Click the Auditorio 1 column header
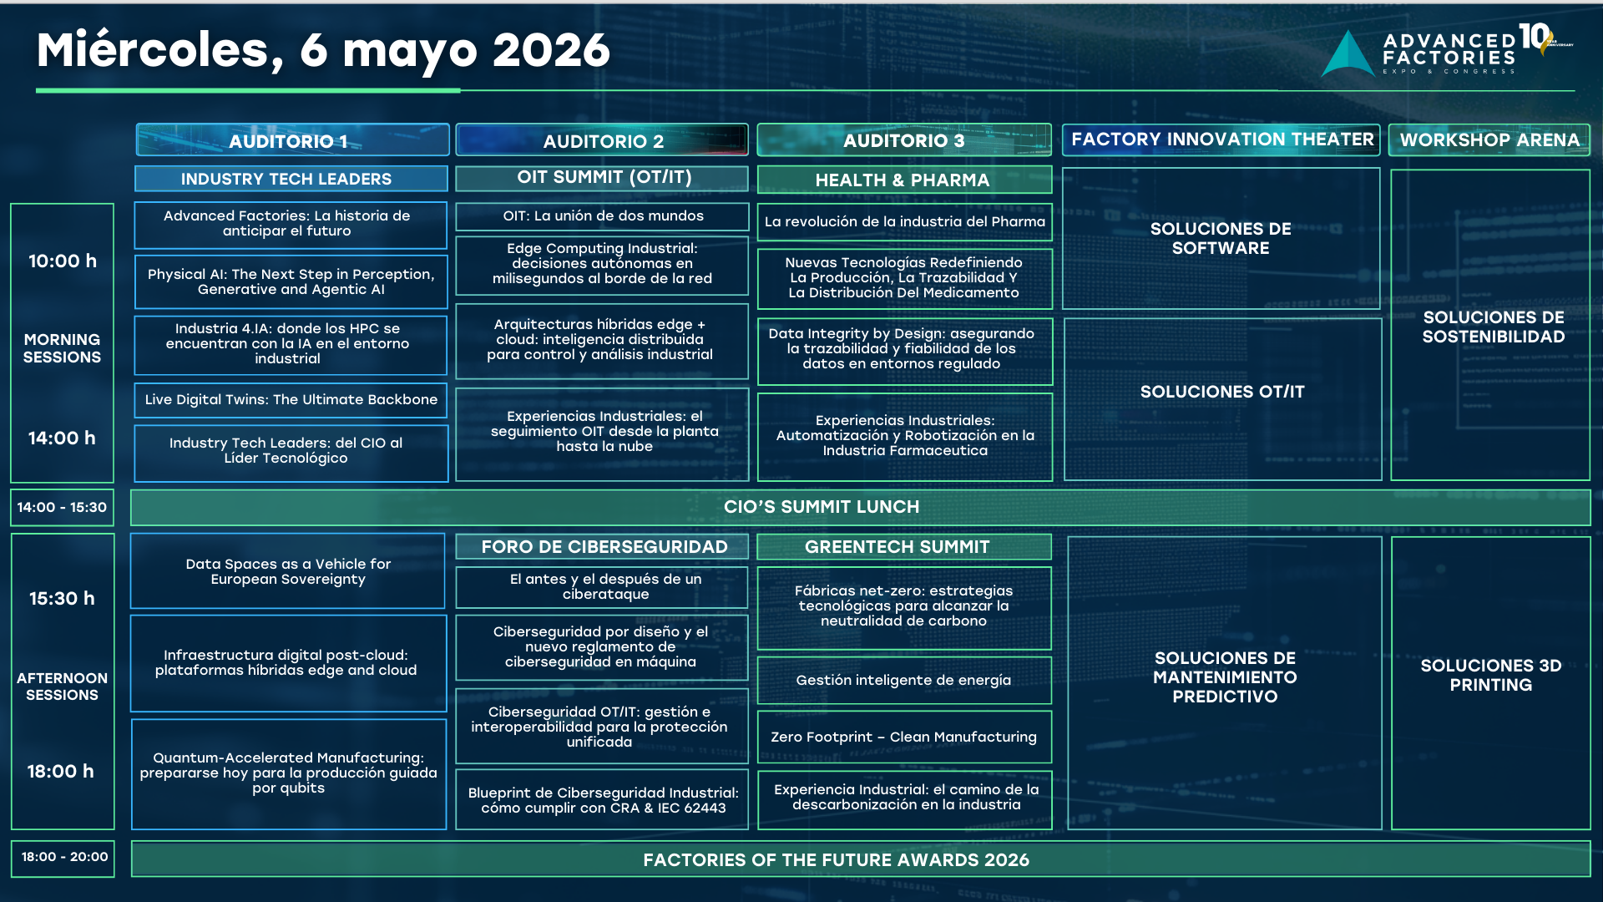pyautogui.click(x=292, y=140)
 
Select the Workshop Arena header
pyautogui.click(x=1489, y=139)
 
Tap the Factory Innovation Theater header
pyautogui.click(x=1222, y=139)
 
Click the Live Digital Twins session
pyautogui.click(x=291, y=400)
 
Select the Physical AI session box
pyautogui.click(x=291, y=281)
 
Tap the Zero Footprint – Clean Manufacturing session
pyautogui.click(x=904, y=737)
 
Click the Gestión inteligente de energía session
pyautogui.click(x=904, y=680)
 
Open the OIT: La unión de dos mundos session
pyautogui.click(x=602, y=216)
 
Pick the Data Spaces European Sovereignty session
pyautogui.click(x=288, y=571)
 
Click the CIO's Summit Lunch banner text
pyautogui.click(x=822, y=507)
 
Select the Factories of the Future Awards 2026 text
pyautogui.click(x=836, y=860)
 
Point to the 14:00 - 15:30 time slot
pyautogui.click(x=62, y=507)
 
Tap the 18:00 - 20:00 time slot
pyautogui.click(x=64, y=857)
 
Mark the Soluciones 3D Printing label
pyautogui.click(x=1490, y=675)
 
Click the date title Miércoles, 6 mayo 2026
pyautogui.click(x=323, y=52)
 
